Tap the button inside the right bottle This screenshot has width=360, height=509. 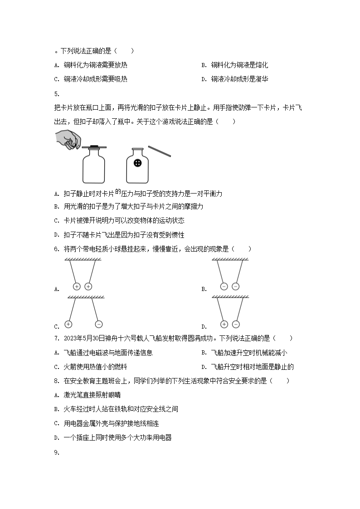pos(138,163)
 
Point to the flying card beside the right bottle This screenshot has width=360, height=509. pos(159,151)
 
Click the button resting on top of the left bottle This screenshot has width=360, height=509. pos(94,146)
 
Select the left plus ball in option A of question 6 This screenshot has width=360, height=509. pos(76,286)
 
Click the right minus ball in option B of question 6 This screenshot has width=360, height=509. pos(235,286)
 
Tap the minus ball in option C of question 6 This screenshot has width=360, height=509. pos(99,324)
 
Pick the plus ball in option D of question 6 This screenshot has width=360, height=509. pos(224,324)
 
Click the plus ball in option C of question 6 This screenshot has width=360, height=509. pos(68,324)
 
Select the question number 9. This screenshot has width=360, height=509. pos(56,452)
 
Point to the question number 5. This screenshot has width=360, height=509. pos(56,94)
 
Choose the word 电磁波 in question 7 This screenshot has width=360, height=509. pos(102,353)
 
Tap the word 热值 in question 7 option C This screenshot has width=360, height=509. pos(96,367)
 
